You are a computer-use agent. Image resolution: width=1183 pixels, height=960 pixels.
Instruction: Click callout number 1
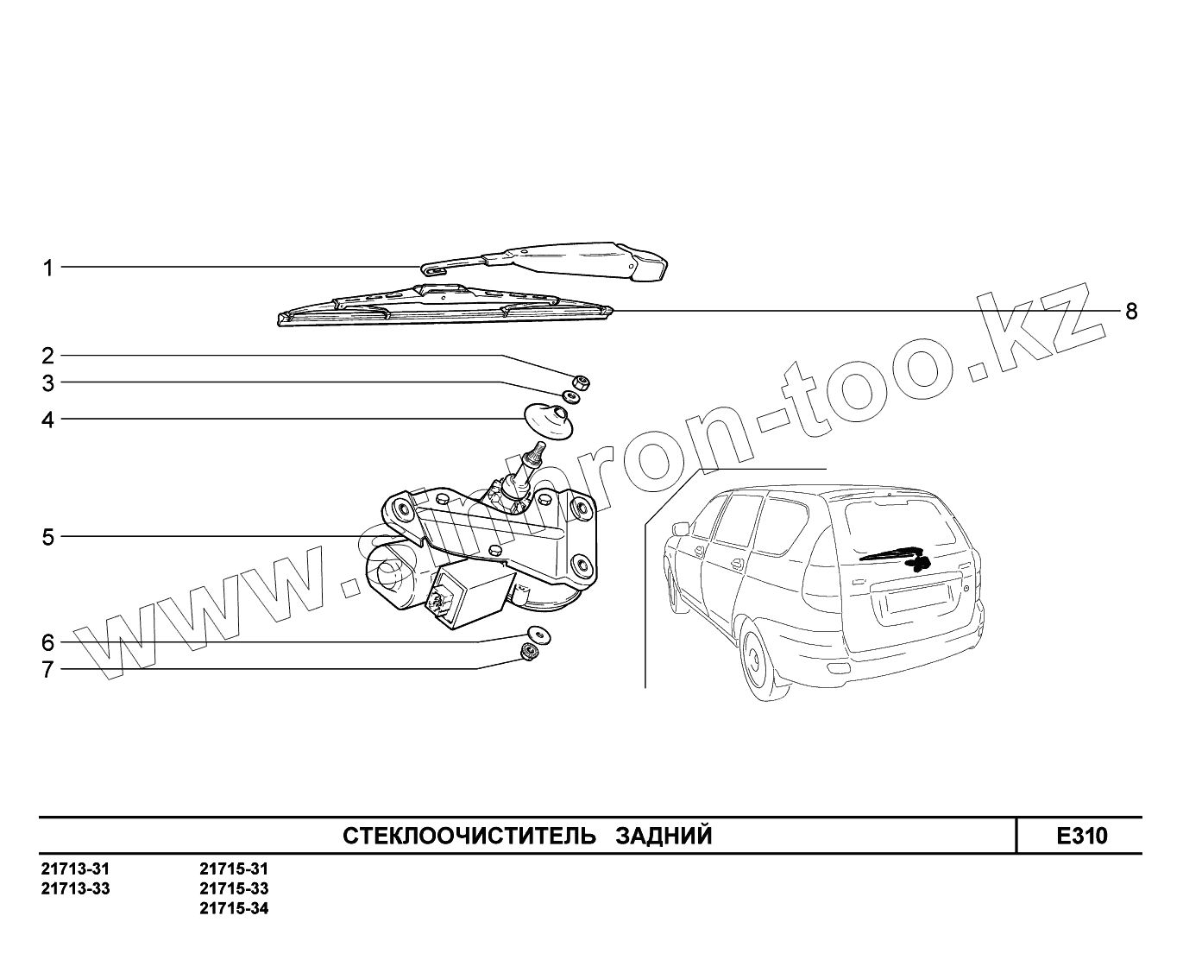point(48,268)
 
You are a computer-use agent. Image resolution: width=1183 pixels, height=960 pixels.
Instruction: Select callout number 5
point(48,537)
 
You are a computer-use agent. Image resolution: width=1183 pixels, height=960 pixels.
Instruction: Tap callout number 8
point(1131,311)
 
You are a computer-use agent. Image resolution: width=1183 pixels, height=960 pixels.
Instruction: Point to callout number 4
point(48,420)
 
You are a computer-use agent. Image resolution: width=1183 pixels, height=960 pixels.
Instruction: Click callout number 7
point(48,669)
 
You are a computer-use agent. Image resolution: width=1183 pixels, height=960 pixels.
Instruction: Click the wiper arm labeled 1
point(561,259)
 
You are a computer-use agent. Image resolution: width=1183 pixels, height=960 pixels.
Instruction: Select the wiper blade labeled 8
point(440,309)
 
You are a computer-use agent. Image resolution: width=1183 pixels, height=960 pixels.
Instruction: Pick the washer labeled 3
point(571,397)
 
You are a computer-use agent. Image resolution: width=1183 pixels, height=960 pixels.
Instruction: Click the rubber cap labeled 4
point(549,422)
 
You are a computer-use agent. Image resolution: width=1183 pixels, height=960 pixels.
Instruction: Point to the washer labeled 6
point(539,635)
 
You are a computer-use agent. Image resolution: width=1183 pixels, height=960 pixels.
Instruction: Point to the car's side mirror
point(680,528)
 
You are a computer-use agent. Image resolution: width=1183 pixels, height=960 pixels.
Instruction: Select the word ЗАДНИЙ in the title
point(664,836)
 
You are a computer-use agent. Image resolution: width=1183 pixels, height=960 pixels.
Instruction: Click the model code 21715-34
point(234,909)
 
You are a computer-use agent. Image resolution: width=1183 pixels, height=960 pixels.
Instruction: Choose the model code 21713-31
point(76,869)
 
